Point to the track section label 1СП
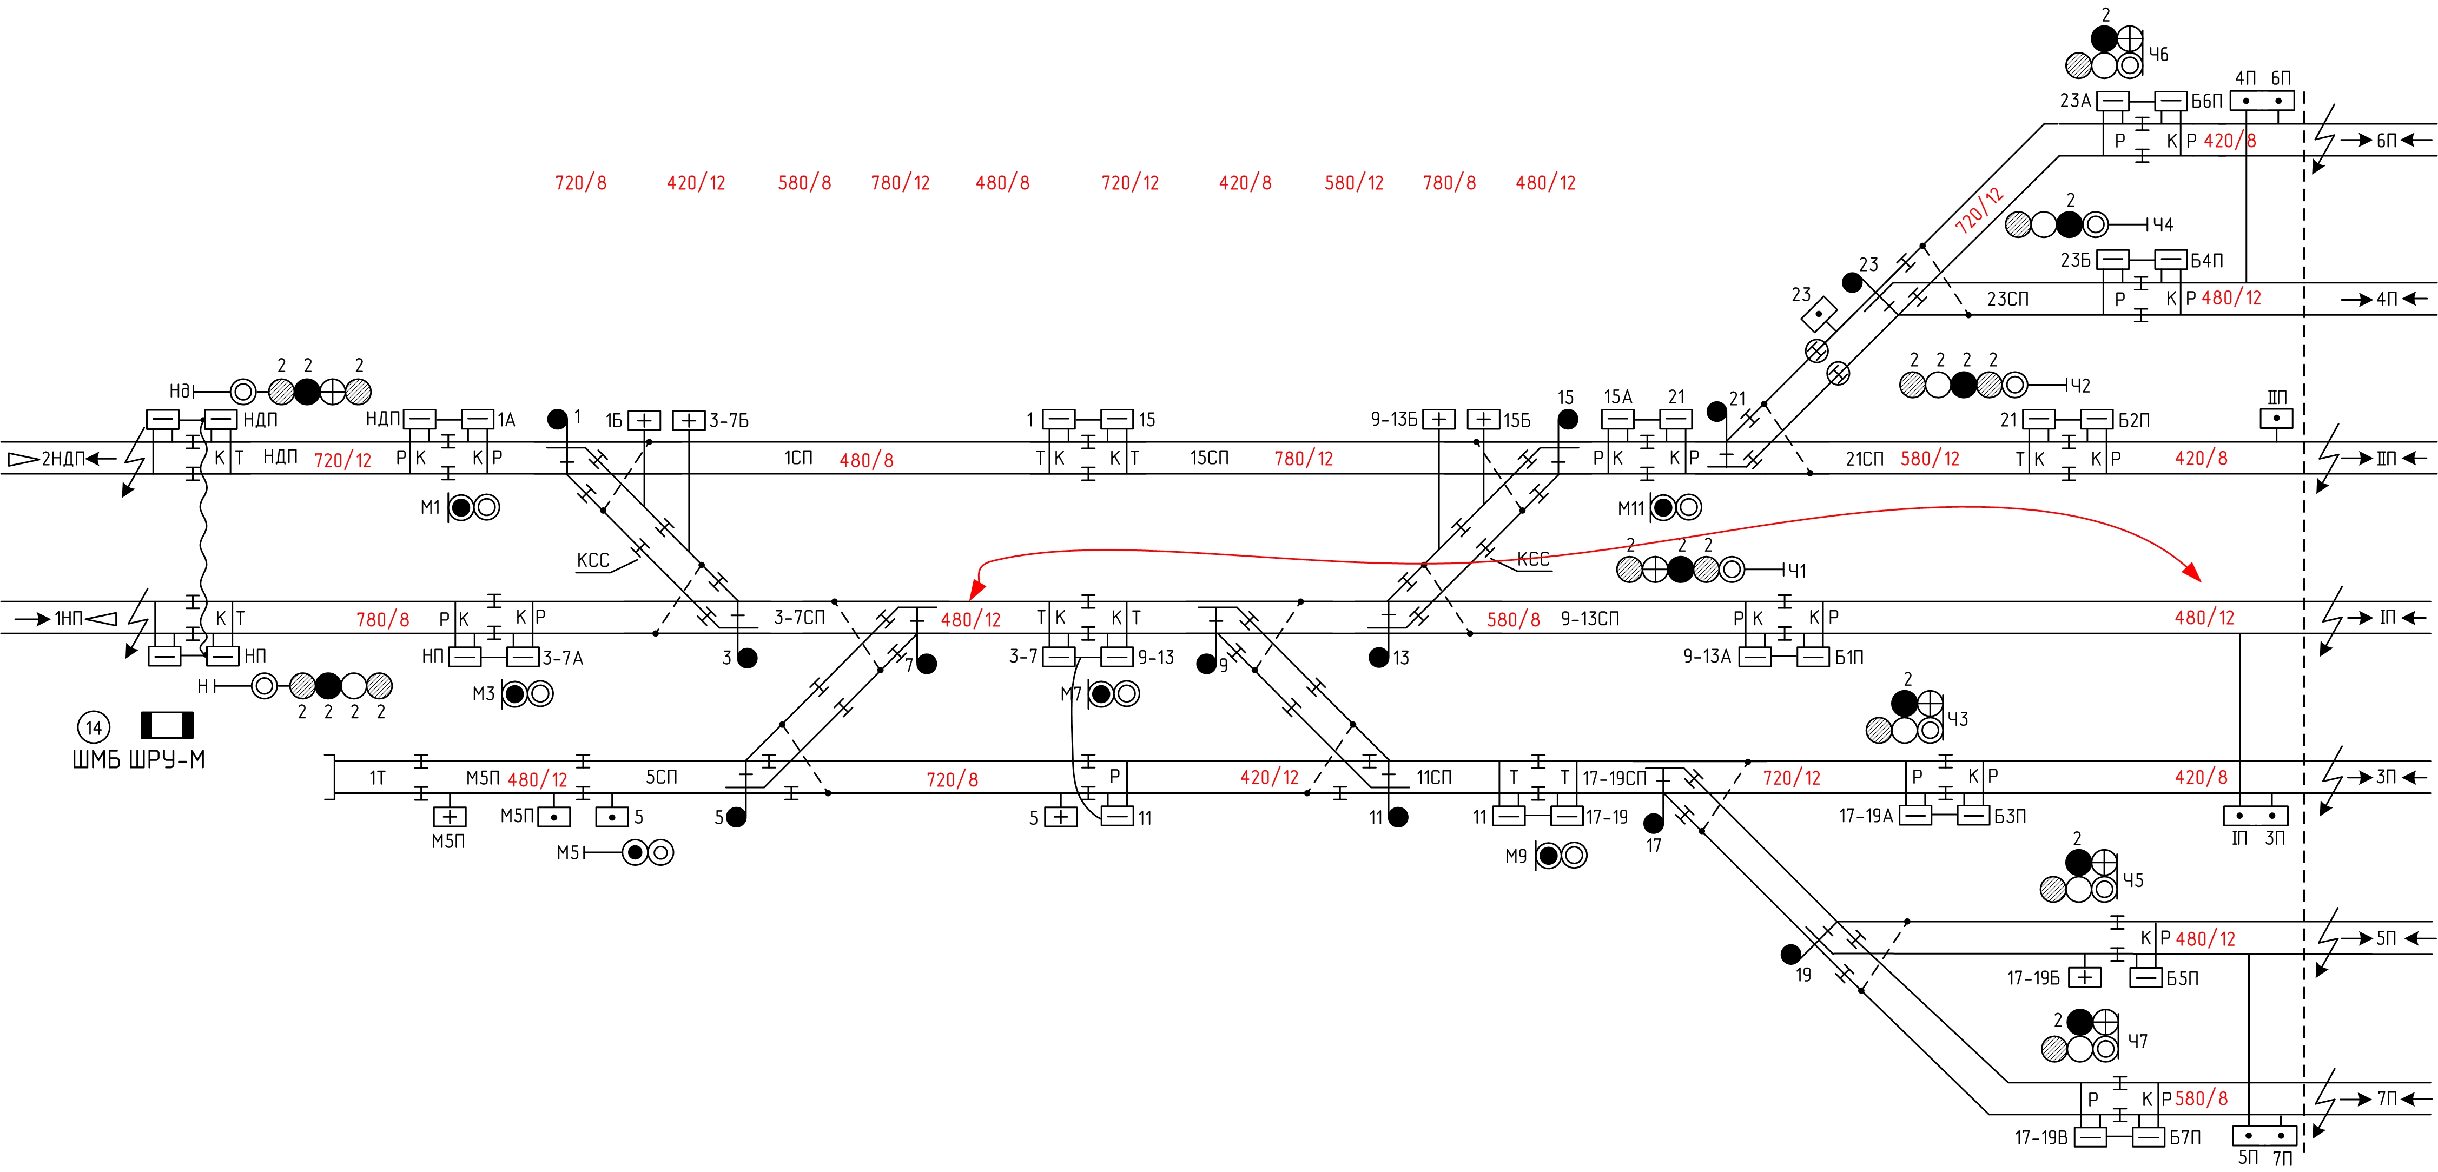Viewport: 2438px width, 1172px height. (x=798, y=458)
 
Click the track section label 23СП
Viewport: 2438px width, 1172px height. (x=2007, y=299)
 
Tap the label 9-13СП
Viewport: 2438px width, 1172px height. (x=1590, y=619)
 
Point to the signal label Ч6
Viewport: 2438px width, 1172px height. (x=2159, y=55)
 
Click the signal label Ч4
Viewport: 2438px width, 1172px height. (x=2163, y=225)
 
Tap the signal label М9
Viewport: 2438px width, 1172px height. (x=1516, y=856)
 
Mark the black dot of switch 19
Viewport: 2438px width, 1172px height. (x=1790, y=954)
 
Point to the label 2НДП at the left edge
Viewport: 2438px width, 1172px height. (x=62, y=459)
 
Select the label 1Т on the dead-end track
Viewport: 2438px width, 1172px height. (x=378, y=778)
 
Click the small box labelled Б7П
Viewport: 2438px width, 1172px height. (x=2149, y=1136)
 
